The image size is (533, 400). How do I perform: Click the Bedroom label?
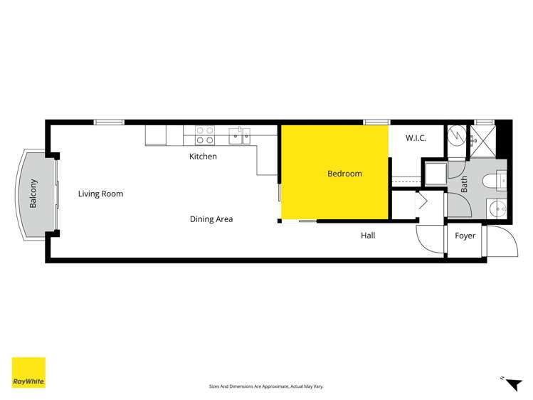(x=344, y=174)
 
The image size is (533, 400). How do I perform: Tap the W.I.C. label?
(x=416, y=138)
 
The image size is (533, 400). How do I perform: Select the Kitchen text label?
(x=203, y=157)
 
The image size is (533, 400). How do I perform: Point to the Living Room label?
(x=100, y=194)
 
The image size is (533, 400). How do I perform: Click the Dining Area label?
(x=211, y=219)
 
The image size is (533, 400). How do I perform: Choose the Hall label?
(x=368, y=236)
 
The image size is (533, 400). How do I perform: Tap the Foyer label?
(x=465, y=236)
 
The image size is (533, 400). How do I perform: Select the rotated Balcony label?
(x=33, y=194)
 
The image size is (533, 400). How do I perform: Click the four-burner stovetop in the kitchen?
(x=206, y=131)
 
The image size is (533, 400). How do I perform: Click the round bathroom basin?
(x=497, y=208)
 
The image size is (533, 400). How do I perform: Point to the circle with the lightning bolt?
(x=455, y=135)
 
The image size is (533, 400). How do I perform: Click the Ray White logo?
(x=28, y=372)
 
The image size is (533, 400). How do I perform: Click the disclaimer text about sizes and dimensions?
(x=266, y=386)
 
